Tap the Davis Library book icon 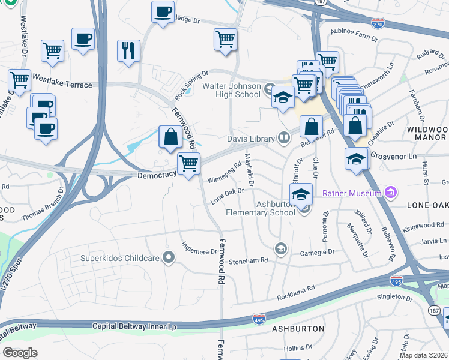coord(284,139)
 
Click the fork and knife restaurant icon coord(128,51)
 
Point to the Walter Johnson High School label coord(231,90)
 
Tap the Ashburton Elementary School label coord(260,208)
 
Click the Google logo coord(20,352)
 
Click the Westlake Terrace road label coord(62,85)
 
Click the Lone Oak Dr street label coord(227,197)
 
